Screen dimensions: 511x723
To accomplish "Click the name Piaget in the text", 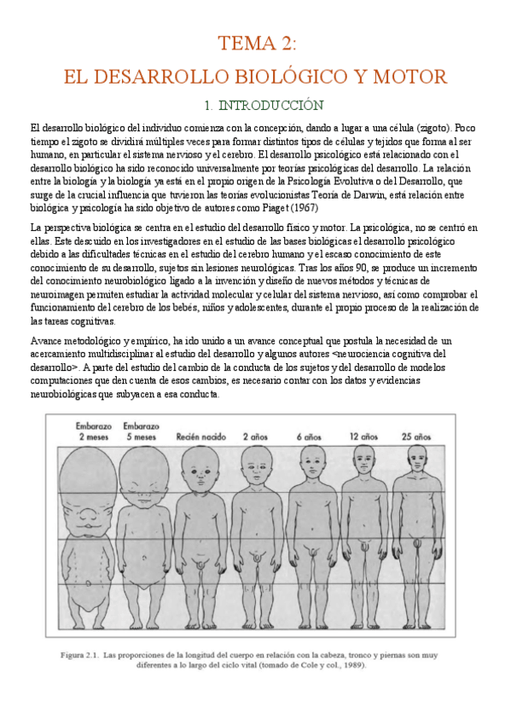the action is pos(253,205).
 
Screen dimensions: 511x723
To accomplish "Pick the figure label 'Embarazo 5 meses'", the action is pos(140,431).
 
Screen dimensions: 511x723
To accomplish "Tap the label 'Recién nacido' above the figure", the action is pos(200,437).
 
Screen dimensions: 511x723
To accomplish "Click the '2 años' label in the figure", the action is pos(255,437).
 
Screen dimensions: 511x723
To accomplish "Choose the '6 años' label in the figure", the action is pos(310,437).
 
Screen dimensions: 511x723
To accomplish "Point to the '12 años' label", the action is pos(363,437).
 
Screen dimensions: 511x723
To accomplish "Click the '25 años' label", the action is pos(417,437).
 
